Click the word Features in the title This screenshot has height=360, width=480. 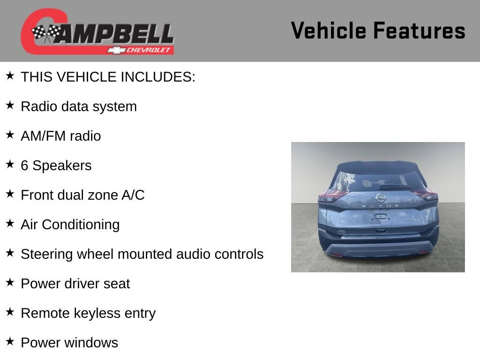point(419,31)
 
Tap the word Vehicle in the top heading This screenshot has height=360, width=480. point(329,31)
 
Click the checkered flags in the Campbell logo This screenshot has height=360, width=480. point(46,33)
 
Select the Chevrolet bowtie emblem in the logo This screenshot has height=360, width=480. point(115,50)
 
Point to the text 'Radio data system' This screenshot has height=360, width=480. point(79,106)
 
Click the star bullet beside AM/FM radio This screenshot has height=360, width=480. point(10,135)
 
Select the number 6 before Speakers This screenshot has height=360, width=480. point(24,165)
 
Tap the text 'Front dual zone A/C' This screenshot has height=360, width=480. point(82,195)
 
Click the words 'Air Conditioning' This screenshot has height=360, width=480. point(70,225)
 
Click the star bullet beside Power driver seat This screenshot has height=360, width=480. point(10,283)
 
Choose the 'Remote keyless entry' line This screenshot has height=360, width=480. point(88,313)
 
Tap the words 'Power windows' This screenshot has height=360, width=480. point(69,343)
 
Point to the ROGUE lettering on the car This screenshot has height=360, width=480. point(380,206)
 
